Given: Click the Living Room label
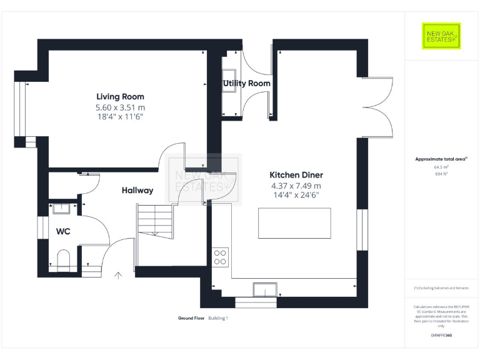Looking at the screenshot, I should [120, 96].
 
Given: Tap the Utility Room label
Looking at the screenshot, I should [247, 83].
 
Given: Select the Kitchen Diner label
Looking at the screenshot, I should [296, 175].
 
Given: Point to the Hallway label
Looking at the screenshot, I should [137, 191].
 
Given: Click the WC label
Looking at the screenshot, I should [63, 231].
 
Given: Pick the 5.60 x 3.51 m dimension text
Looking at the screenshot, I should [120, 107].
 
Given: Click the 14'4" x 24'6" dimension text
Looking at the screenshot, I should [296, 195].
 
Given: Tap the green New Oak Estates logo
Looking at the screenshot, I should [441, 36].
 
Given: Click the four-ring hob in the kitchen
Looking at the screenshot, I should [221, 257].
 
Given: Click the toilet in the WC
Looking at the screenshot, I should [62, 259].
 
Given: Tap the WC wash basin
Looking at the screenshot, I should [61, 209].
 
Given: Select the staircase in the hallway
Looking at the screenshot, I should [154, 221].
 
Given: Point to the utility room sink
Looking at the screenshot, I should [228, 80].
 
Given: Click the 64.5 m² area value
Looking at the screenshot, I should [441, 167].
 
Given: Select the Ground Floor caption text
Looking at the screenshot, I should [191, 318].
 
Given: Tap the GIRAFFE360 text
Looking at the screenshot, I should [441, 336].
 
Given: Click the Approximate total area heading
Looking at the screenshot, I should [441, 159].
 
